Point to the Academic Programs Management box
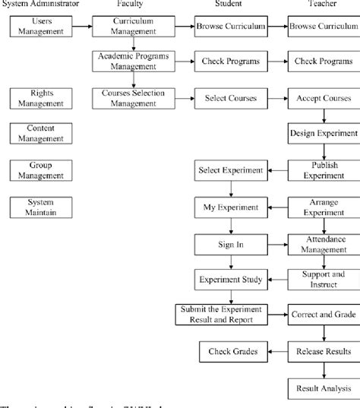pyautogui.click(x=134, y=62)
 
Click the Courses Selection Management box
pyautogui.click(x=134, y=97)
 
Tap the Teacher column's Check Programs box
pyautogui.click(x=321, y=62)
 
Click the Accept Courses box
pyautogui.click(x=321, y=97)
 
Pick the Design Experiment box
pyautogui.click(x=321, y=134)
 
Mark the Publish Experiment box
pyautogui.click(x=321, y=170)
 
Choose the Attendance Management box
pyautogui.click(x=321, y=243)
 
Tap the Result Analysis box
pyautogui.click(x=321, y=389)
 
